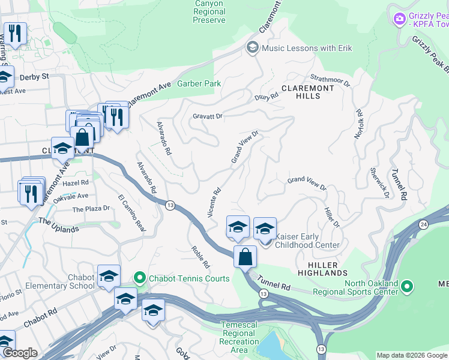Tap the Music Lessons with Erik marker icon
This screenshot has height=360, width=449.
click(253, 47)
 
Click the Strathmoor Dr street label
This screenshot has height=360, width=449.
click(330, 79)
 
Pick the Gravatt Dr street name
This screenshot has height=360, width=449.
click(208, 116)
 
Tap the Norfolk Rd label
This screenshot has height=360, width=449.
click(360, 124)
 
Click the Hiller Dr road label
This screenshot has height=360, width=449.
click(332, 217)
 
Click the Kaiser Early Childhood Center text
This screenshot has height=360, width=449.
click(307, 241)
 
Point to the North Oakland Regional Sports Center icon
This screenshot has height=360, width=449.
click(408, 287)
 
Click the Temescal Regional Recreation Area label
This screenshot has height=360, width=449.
click(239, 337)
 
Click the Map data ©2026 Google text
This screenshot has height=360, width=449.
click(411, 355)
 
